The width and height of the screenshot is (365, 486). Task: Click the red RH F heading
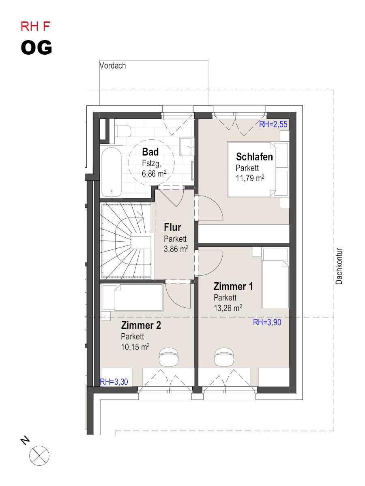pos(35,27)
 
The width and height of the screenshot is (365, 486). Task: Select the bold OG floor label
pos(36,48)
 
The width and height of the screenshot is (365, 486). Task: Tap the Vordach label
pos(113,66)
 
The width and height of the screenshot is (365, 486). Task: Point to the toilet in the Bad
pos(123,131)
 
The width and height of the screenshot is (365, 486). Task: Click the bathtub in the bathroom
pos(112,172)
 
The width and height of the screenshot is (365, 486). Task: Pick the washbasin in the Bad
pos(187,146)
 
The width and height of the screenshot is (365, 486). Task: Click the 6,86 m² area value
pos(154,173)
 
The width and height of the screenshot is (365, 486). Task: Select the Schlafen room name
pos(254,157)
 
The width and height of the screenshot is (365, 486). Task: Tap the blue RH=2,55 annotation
pos(273,124)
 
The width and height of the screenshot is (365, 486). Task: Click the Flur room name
pos(172,227)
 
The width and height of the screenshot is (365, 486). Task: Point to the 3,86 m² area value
pos(176,249)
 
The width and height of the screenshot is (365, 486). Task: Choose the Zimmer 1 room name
pos(233,286)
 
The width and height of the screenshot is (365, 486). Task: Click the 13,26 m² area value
pos(228,308)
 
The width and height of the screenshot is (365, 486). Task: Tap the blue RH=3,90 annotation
pos(267,322)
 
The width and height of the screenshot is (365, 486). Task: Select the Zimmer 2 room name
pos(141,326)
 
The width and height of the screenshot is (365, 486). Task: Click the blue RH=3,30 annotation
pos(114,382)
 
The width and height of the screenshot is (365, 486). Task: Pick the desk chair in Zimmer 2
pos(169,357)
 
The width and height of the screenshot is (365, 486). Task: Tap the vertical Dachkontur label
pos(339,266)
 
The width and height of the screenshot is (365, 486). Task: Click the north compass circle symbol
pos(39,456)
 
